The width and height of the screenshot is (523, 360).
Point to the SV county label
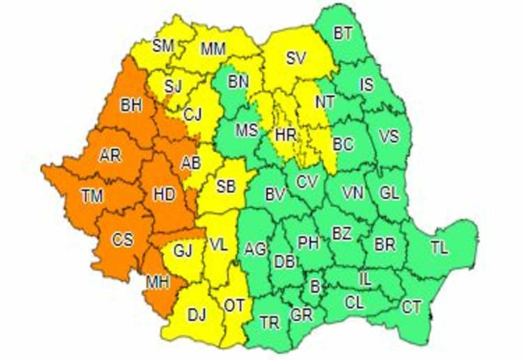(297, 58)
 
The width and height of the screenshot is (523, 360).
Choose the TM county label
(92, 196)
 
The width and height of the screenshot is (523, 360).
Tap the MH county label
(157, 283)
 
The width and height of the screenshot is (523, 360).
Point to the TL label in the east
(439, 248)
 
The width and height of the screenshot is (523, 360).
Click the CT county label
(412, 307)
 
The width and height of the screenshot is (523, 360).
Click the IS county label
(367, 84)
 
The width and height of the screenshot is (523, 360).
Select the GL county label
(389, 193)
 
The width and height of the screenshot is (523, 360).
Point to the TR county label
(270, 323)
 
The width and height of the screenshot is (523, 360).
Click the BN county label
(238, 81)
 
